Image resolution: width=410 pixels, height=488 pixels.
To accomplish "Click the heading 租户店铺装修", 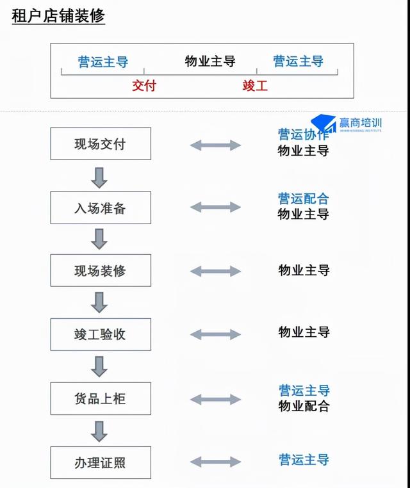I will coord(58,17).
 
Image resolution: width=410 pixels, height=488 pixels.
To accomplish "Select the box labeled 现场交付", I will coord(101,143).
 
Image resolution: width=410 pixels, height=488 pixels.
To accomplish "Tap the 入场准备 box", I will coord(101,207).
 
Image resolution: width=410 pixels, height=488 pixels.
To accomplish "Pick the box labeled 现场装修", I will coord(101,271).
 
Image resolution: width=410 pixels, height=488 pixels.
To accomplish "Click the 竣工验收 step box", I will coord(101,334).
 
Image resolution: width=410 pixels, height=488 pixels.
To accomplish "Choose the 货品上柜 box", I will coord(101,398).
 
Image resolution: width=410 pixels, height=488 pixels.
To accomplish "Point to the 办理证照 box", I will coord(101,462).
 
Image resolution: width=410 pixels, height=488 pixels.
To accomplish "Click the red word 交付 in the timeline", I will coord(144,86).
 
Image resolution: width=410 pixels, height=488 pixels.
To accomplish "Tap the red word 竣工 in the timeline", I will coord(255,86).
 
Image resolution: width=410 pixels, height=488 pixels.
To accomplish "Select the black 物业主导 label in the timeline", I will coord(210,61).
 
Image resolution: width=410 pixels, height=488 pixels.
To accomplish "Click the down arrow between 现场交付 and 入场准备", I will coord(99,176).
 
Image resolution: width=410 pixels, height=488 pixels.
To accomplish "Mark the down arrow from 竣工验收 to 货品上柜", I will coord(99,366).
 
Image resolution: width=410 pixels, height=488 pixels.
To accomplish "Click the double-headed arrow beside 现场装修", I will coord(215,271).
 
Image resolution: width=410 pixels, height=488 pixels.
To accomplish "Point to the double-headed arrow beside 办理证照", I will coord(215,462).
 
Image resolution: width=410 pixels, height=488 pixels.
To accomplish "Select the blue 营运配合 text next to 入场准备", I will coord(303,199).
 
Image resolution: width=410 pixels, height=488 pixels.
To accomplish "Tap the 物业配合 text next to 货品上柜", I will coord(304,406).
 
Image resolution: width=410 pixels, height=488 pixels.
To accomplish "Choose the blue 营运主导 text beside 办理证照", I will coord(304,459).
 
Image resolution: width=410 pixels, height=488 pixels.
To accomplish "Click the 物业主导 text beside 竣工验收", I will coord(304,332).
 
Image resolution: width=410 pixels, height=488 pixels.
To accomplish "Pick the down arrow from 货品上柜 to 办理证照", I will coord(99,430).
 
